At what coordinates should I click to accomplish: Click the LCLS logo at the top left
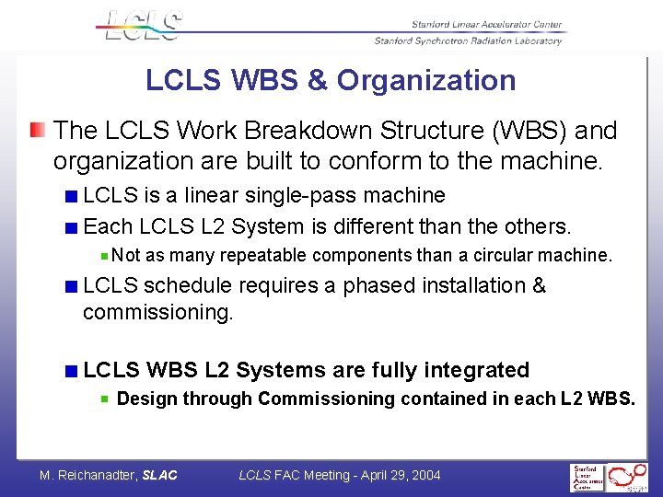[143, 25]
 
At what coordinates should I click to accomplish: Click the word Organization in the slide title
[426, 80]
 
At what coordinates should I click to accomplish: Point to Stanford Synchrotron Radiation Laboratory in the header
[468, 40]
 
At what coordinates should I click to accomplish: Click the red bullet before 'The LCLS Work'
[37, 130]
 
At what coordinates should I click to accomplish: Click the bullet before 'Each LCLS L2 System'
[71, 226]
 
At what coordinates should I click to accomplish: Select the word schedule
[187, 286]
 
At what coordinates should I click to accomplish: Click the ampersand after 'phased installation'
[539, 286]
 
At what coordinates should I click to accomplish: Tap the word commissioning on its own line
[157, 312]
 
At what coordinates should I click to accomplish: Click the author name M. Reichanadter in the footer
[87, 475]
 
